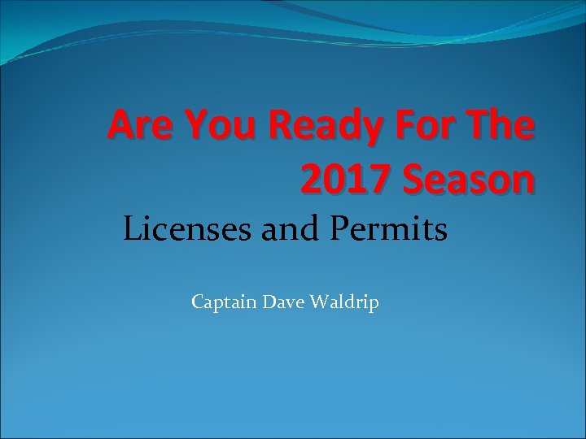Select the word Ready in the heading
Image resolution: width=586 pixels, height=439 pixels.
coord(322,128)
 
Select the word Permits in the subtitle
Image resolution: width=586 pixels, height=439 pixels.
coord(389,230)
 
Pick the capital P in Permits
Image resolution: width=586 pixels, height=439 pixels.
coord(340,230)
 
